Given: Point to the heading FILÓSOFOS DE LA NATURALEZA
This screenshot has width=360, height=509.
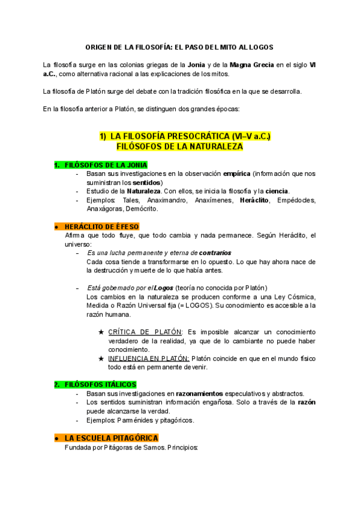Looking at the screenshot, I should point(179,146).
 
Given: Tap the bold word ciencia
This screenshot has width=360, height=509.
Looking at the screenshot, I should point(277,191).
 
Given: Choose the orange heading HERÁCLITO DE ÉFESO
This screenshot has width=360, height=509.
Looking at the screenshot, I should point(101,226).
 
